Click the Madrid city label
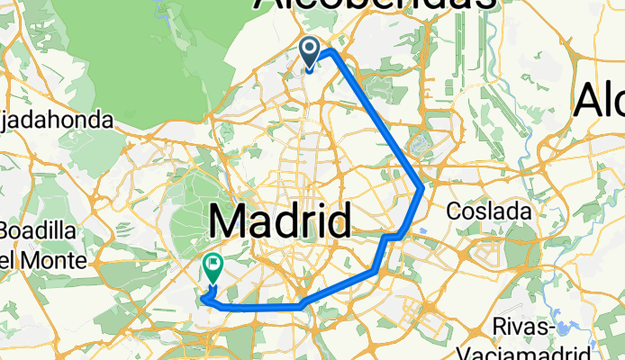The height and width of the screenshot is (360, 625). point(280,221)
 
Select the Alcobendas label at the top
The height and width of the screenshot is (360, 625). point(375,4)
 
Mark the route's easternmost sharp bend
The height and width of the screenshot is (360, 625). point(422,187)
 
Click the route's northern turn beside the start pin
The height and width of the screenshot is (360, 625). point(331,50)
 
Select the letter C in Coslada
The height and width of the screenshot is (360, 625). point(457,209)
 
